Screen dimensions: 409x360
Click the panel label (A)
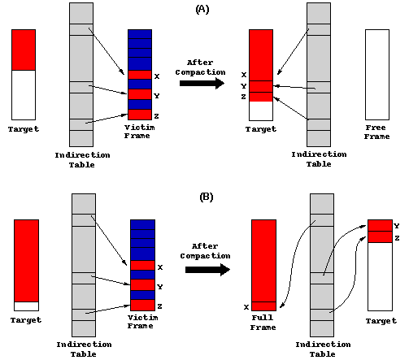point(202,10)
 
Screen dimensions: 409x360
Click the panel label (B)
point(206,197)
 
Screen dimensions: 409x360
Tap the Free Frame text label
point(376,132)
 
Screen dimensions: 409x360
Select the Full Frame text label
point(263,323)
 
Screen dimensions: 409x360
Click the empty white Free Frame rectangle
point(377,75)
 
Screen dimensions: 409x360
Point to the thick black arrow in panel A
point(202,83)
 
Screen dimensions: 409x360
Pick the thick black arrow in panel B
point(207,270)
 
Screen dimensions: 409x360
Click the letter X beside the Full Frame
point(246,307)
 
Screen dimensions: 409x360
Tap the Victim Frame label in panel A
point(139,132)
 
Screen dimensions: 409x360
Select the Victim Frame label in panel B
point(142,322)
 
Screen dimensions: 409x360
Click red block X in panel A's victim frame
point(140,75)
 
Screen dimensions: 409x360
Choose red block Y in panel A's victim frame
point(140,94)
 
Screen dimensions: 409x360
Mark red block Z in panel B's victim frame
point(142,306)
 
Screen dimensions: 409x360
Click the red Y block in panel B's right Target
point(380,226)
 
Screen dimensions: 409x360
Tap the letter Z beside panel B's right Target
point(397,238)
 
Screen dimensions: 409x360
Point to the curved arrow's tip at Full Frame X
point(281,307)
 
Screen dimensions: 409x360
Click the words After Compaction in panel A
point(200,67)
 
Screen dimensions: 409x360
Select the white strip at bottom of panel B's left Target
point(26,306)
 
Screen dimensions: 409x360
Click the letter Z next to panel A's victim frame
point(156,116)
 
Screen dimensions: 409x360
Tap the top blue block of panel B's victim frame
point(142,225)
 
